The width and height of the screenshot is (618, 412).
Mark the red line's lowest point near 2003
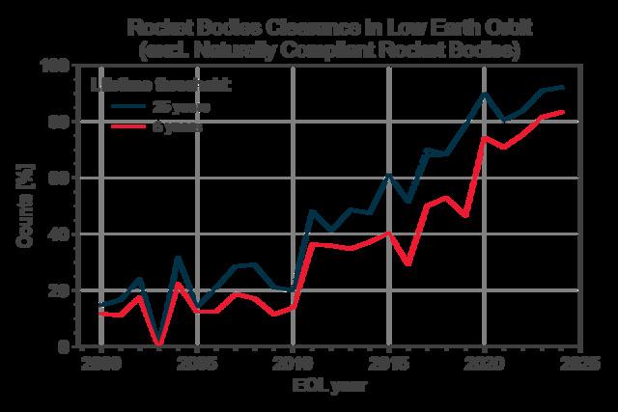[158, 344]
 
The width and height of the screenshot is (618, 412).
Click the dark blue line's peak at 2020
[484, 94]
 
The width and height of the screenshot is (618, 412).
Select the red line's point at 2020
[484, 137]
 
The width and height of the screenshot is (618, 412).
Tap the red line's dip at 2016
[407, 263]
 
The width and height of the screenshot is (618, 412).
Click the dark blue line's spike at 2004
[178, 257]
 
